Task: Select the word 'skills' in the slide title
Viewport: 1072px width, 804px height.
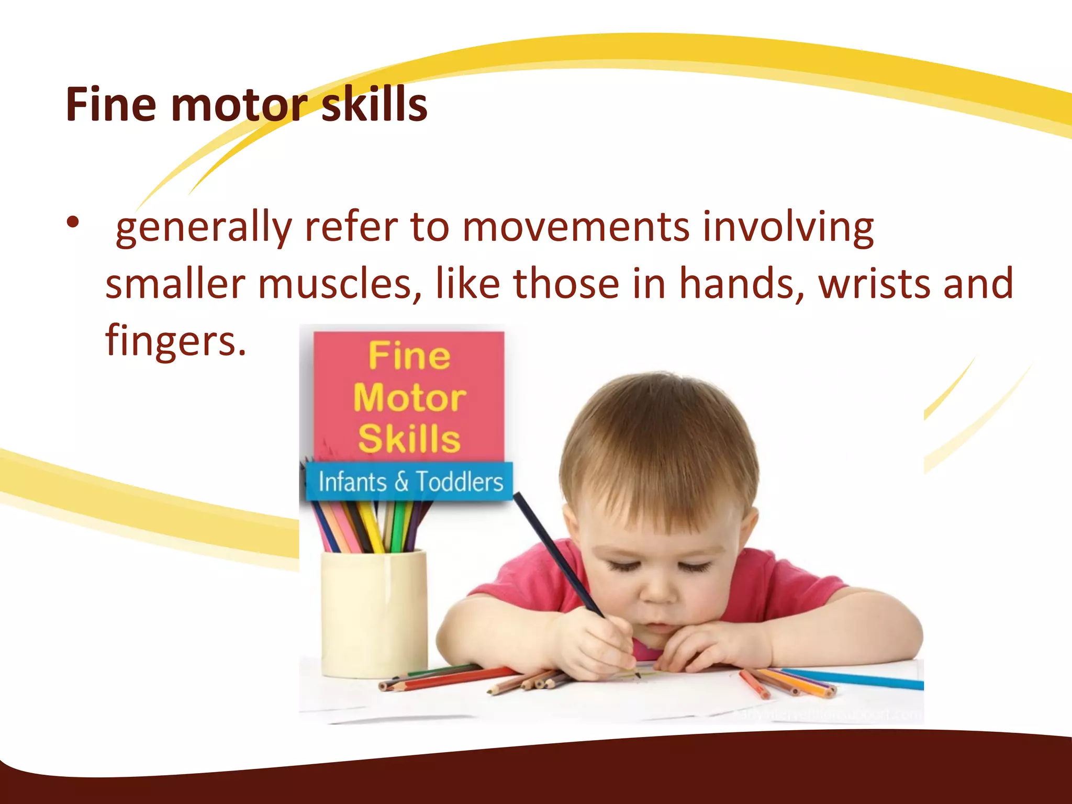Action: (374, 105)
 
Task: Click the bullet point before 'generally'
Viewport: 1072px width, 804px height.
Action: (73, 222)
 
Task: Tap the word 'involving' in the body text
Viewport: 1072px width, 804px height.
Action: (788, 228)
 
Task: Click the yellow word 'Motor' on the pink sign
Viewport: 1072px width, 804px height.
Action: (409, 398)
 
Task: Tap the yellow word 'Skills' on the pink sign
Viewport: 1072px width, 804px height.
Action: (409, 439)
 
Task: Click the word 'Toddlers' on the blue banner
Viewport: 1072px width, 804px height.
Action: (459, 482)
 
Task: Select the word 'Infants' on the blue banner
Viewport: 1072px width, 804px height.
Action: (352, 482)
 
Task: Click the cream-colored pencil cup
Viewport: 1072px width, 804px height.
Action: (374, 612)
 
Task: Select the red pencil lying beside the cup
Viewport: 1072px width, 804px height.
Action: (450, 678)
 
